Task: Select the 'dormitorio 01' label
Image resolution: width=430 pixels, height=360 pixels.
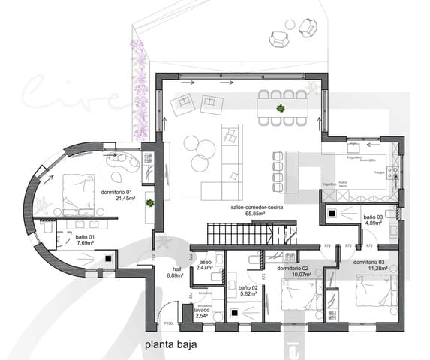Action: click(116, 192)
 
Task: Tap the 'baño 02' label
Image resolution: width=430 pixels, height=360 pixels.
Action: click(248, 287)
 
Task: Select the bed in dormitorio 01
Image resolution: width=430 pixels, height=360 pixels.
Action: click(73, 192)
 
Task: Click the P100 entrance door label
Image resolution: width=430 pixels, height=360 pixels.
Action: click(169, 324)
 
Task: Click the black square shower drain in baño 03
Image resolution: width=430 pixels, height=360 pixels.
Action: click(332, 213)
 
